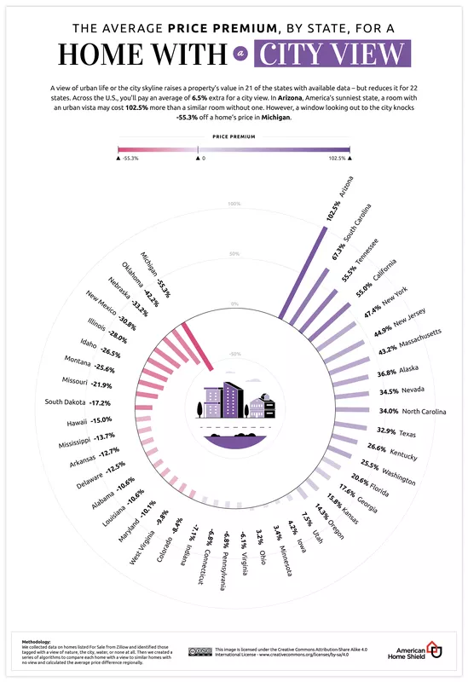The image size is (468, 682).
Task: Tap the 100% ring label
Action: point(234,204)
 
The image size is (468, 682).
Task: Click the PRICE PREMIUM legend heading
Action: point(234,135)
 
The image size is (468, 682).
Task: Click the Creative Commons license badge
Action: point(201,652)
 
